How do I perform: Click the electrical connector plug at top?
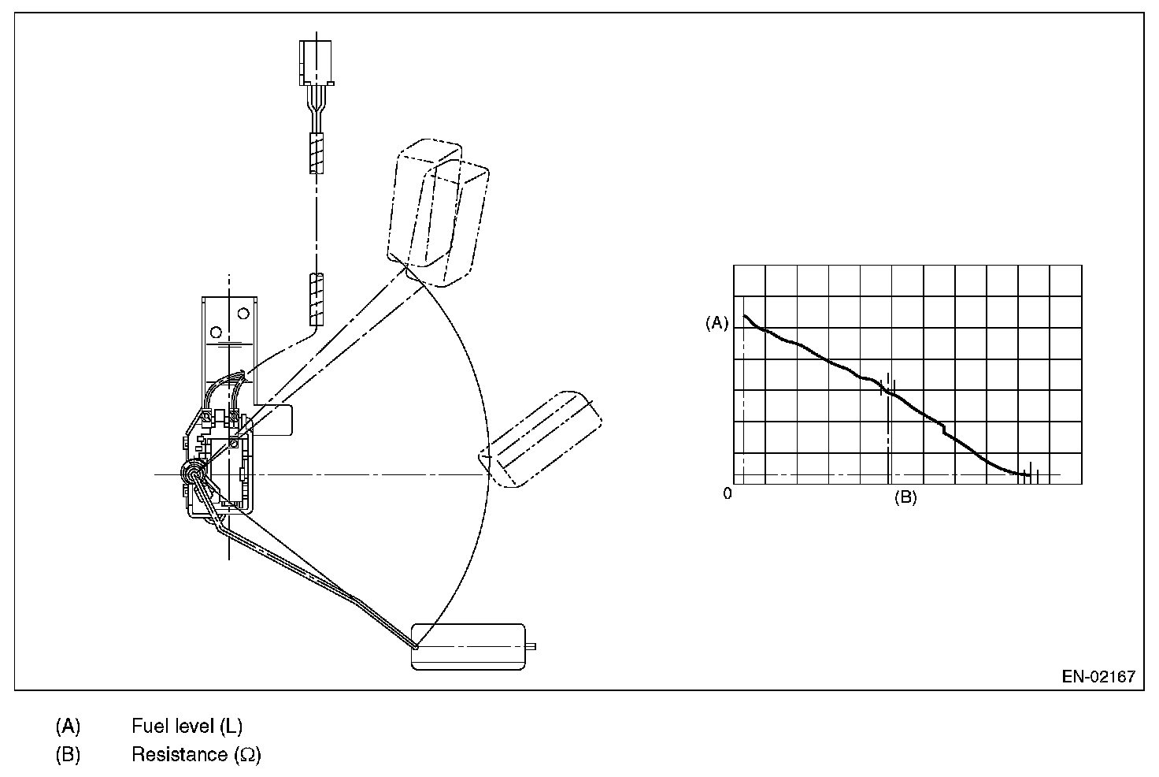(x=317, y=61)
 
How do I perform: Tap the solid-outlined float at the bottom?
(x=468, y=646)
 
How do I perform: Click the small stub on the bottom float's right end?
(x=531, y=647)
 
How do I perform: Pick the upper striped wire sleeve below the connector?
(x=316, y=153)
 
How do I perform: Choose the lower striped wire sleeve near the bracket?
(x=316, y=299)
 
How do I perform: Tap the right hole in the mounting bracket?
(x=243, y=314)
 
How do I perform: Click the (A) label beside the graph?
(x=717, y=322)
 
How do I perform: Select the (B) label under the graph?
(x=905, y=498)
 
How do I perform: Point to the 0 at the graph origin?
(x=728, y=493)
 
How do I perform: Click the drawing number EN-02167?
(x=1098, y=676)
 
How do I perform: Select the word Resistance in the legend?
(x=179, y=755)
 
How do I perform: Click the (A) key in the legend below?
(x=68, y=725)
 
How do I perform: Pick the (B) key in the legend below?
(x=68, y=755)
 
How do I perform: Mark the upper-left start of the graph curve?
(x=746, y=317)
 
